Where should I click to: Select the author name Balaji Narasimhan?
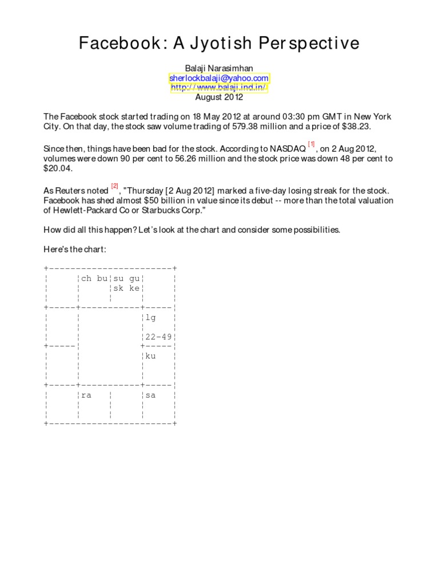pyautogui.click(x=219, y=68)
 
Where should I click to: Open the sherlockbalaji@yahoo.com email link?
pyautogui.click(x=219, y=78)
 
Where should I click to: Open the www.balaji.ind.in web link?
pyautogui.click(x=219, y=88)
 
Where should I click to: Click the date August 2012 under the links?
pyautogui.click(x=219, y=97)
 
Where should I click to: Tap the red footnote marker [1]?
pyautogui.click(x=311, y=144)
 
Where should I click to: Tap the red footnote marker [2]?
pyautogui.click(x=114, y=186)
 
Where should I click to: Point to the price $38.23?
pyautogui.click(x=376, y=126)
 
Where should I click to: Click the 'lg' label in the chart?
pyautogui.click(x=151, y=317)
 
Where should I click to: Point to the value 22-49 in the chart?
pyautogui.click(x=158, y=336)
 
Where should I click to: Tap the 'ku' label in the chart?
pyautogui.click(x=151, y=356)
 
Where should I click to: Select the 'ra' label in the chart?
pyautogui.click(x=86, y=395)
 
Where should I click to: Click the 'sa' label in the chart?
pyautogui.click(x=151, y=395)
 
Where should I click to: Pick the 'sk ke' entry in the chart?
pyautogui.click(x=126, y=288)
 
